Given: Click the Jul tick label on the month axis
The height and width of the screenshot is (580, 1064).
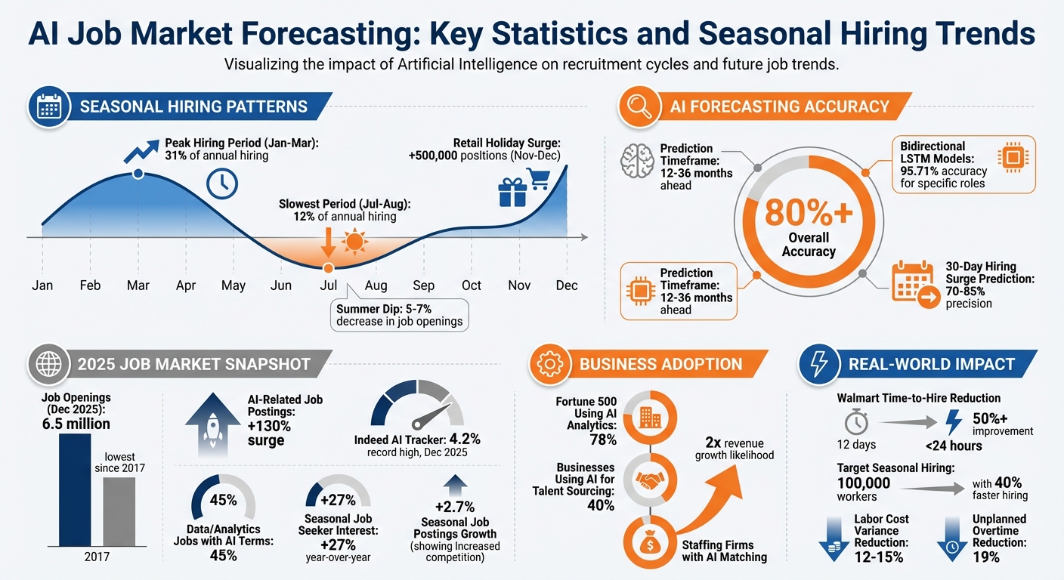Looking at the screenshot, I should [x=328, y=285].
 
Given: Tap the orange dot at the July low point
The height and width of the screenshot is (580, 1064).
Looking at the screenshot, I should [x=328, y=267].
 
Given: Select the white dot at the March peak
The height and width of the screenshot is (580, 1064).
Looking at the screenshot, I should [x=138, y=174].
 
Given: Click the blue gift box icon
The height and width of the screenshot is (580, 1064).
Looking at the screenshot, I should [x=512, y=193].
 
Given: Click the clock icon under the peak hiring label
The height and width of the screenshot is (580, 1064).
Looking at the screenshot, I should [x=222, y=184].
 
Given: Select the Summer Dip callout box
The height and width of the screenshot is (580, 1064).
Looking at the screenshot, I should [x=400, y=314].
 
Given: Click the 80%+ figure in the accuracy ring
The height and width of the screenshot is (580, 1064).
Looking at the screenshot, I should [x=808, y=214].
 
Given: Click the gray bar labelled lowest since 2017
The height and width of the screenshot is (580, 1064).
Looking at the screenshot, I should [x=119, y=511].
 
